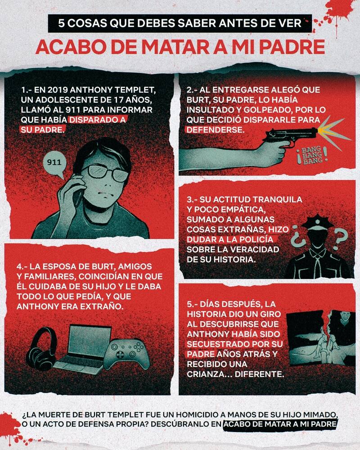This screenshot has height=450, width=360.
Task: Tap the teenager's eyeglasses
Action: [107, 173]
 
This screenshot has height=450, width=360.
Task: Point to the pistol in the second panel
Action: [290, 135]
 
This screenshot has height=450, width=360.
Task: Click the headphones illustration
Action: [42, 349]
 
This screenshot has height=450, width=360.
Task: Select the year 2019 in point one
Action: [57, 90]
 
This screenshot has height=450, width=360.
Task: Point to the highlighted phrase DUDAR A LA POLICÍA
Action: [229, 239]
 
